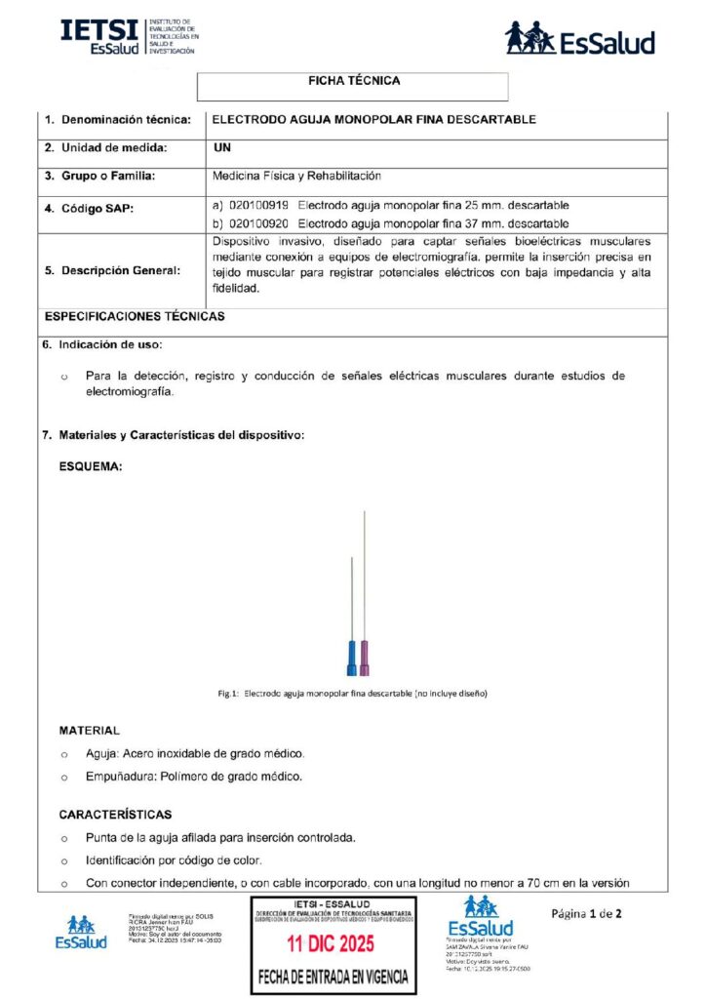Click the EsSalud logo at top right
pos(579,39)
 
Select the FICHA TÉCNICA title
pos(353,81)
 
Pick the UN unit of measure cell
pos(221,147)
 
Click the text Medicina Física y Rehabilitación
pos(296,177)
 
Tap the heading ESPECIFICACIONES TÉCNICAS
pos(135,316)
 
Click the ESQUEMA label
pos(91,467)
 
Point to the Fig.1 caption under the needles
pos(352,694)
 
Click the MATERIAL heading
pos(90,730)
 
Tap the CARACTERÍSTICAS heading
pos(115,814)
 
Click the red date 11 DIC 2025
pos(333,944)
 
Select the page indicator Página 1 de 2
pos(586,914)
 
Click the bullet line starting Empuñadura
pos(194,777)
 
